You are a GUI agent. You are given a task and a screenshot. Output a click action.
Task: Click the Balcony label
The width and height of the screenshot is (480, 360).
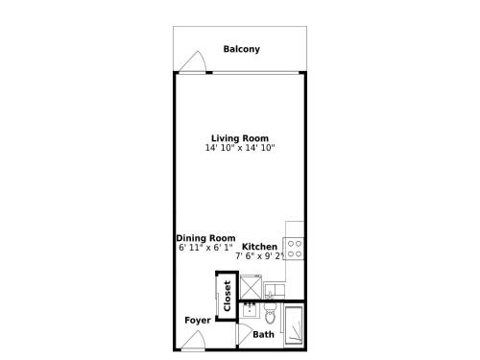tap(242, 49)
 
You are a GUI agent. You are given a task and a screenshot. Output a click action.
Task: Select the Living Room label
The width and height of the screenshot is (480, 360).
tap(240, 138)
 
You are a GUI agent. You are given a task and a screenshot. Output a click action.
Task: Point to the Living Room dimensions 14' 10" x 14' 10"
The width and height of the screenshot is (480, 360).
tap(240, 148)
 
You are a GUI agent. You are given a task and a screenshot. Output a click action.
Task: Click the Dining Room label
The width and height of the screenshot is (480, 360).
tap(205, 238)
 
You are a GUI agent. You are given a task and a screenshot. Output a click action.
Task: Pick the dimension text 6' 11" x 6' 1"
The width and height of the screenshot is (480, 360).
tap(205, 248)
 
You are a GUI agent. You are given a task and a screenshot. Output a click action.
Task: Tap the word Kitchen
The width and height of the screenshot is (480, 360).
tap(259, 247)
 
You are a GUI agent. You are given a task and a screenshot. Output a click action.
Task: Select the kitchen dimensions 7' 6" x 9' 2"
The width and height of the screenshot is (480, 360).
tap(260, 256)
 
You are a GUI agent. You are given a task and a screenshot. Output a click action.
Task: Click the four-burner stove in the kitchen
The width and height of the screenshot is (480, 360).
tap(293, 249)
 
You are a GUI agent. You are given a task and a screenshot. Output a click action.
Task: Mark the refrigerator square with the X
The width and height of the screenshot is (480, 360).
tap(251, 287)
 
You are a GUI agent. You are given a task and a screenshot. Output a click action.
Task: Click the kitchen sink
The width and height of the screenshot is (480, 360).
tap(276, 291)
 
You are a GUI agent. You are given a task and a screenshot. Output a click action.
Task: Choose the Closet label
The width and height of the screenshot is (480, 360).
tap(228, 296)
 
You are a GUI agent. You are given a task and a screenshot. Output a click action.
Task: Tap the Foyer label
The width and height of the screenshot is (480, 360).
tap(198, 321)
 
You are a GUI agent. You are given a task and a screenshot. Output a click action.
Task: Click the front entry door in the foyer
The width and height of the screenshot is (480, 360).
tap(194, 341)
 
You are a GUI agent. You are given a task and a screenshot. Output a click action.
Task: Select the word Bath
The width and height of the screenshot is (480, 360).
tap(263, 335)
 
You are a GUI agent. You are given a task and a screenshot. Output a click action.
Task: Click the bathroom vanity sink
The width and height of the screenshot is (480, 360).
tap(250, 310)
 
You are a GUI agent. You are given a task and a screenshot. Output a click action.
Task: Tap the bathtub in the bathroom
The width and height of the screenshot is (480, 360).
tap(294, 326)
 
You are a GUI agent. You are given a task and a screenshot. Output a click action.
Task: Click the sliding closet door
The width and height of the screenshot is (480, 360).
tap(218, 297)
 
